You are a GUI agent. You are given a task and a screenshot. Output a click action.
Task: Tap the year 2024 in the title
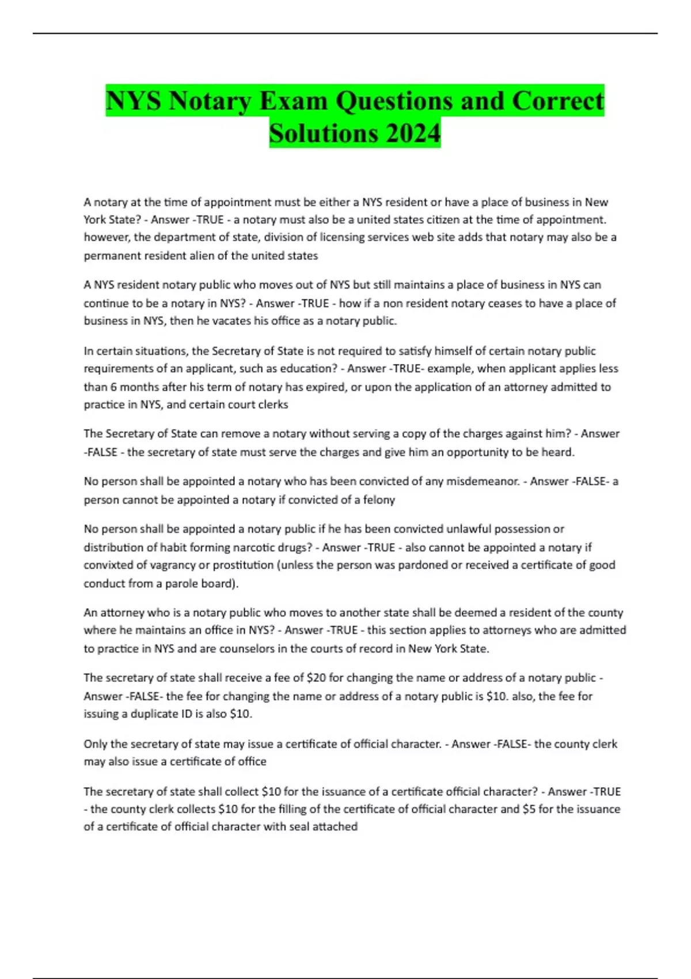tap(413, 134)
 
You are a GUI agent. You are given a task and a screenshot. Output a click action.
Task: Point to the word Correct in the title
tap(557, 101)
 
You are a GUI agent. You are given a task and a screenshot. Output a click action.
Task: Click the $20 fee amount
tap(316, 678)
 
